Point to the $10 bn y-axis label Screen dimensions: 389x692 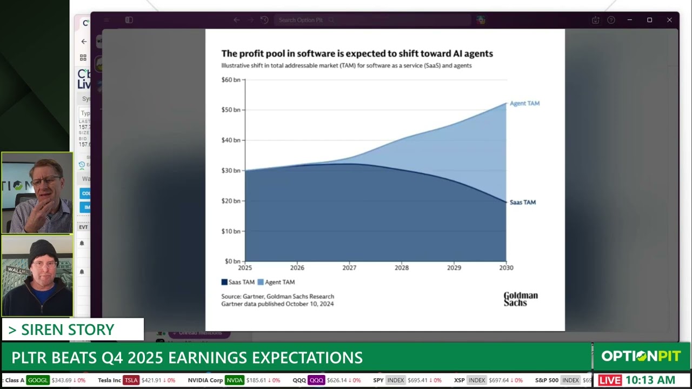click(x=231, y=231)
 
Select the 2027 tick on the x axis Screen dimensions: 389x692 click(x=349, y=267)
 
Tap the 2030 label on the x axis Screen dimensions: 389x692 click(x=506, y=267)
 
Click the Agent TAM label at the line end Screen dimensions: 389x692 click(x=524, y=103)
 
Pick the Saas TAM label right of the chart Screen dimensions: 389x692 click(x=522, y=202)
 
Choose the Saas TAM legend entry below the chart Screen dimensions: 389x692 click(x=238, y=282)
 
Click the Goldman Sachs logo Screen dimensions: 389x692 click(x=520, y=299)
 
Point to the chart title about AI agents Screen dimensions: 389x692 click(x=357, y=53)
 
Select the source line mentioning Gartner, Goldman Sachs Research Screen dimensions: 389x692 click(x=277, y=296)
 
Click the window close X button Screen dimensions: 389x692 click(x=669, y=20)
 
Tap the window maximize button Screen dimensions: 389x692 click(x=649, y=20)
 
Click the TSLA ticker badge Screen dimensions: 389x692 click(x=131, y=380)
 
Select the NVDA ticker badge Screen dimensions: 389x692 click(x=234, y=380)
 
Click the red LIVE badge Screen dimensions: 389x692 click(x=610, y=380)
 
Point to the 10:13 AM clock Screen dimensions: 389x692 click(x=650, y=380)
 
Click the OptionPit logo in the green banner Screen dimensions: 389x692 click(x=641, y=356)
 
